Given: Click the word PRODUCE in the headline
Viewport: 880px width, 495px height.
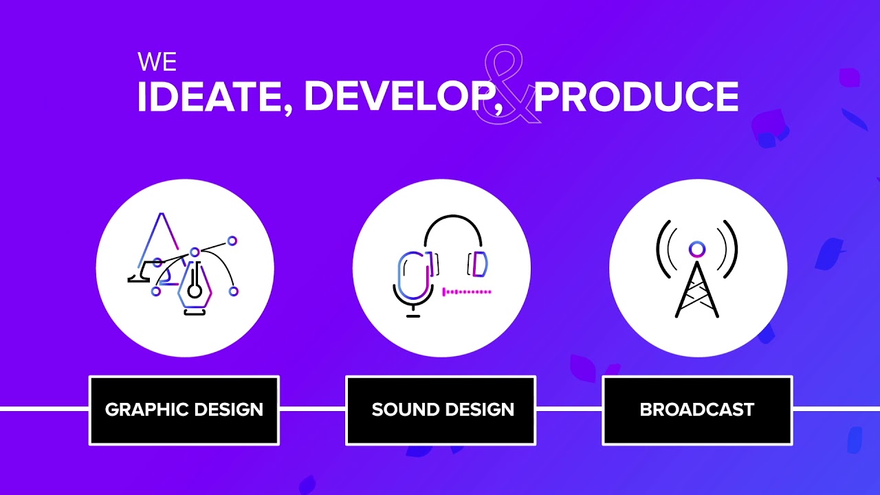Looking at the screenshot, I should [x=636, y=97].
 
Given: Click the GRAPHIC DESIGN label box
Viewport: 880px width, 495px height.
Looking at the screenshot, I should [x=184, y=410].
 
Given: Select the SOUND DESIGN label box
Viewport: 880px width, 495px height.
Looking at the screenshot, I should [x=441, y=410].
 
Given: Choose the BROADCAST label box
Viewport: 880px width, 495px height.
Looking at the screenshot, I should [x=697, y=410].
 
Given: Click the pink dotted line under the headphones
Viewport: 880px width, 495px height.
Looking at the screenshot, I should [x=467, y=292].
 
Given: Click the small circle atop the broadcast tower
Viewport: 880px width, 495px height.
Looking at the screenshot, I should [x=696, y=248].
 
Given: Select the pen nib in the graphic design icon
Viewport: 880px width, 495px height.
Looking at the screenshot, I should [x=195, y=289].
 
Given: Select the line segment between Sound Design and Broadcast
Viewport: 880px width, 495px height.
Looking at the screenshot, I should [x=569, y=409].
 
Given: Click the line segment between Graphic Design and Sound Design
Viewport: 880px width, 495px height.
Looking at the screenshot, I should [x=312, y=409].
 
